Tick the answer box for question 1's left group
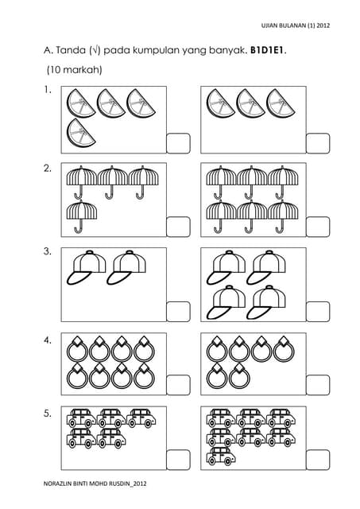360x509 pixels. tap(178, 143)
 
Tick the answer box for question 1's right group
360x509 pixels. tap(318, 143)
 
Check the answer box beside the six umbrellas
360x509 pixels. tap(318, 227)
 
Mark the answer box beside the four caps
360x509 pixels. tap(318, 312)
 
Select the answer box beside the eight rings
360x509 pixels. tap(178, 385)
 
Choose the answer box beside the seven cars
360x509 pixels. tap(318, 460)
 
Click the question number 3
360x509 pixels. tap(48, 251)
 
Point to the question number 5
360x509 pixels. tap(48, 414)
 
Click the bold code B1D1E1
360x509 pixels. tap(268, 50)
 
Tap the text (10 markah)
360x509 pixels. tap(74, 70)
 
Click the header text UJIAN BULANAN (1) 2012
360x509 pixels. tap(296, 25)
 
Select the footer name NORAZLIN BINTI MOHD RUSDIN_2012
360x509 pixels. tap(95, 484)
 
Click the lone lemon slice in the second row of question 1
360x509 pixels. tap(81, 133)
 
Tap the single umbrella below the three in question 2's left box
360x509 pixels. tap(81, 216)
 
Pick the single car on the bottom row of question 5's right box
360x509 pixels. tap(221, 456)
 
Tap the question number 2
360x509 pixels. tap(48, 169)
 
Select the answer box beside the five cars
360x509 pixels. tap(178, 460)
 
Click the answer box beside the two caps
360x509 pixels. tap(178, 312)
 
